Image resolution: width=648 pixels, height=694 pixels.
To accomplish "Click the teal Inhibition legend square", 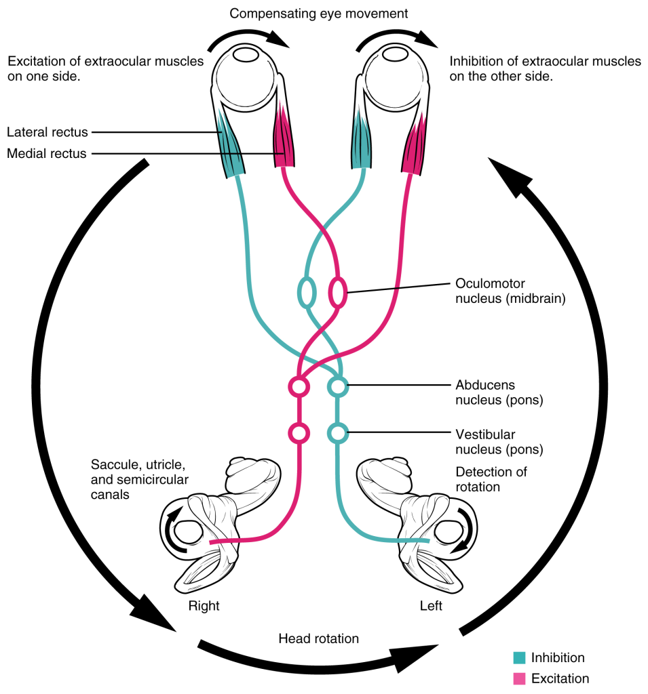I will pyautogui.click(x=520, y=657).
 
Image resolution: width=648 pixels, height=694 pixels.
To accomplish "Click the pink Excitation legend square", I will pyautogui.click(x=520, y=678).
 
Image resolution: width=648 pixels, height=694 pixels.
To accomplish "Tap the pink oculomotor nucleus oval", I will pyautogui.click(x=337, y=293).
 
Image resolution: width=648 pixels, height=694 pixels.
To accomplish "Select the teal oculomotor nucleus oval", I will pyautogui.click(x=307, y=293).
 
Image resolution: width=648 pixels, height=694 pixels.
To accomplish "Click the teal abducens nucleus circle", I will pyautogui.click(x=337, y=387).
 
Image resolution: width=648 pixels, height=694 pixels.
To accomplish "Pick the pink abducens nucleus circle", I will pyautogui.click(x=299, y=387).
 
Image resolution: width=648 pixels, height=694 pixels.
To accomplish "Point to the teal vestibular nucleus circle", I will pyautogui.click(x=337, y=431).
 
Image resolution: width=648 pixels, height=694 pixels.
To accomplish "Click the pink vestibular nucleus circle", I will pyautogui.click(x=299, y=431).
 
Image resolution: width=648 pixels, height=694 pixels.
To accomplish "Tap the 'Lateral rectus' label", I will pyautogui.click(x=47, y=132).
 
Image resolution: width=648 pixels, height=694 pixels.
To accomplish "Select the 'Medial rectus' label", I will pyautogui.click(x=46, y=154).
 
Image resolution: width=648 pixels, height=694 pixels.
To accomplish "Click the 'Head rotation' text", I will pyautogui.click(x=318, y=638).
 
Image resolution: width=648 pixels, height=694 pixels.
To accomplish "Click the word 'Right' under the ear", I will pyautogui.click(x=204, y=606).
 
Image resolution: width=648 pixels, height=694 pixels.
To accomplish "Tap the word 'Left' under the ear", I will pyautogui.click(x=431, y=606).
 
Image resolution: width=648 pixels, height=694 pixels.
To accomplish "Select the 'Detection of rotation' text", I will pyautogui.click(x=491, y=479).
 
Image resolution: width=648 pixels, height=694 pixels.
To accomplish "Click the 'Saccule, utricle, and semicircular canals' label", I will pyautogui.click(x=139, y=480).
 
